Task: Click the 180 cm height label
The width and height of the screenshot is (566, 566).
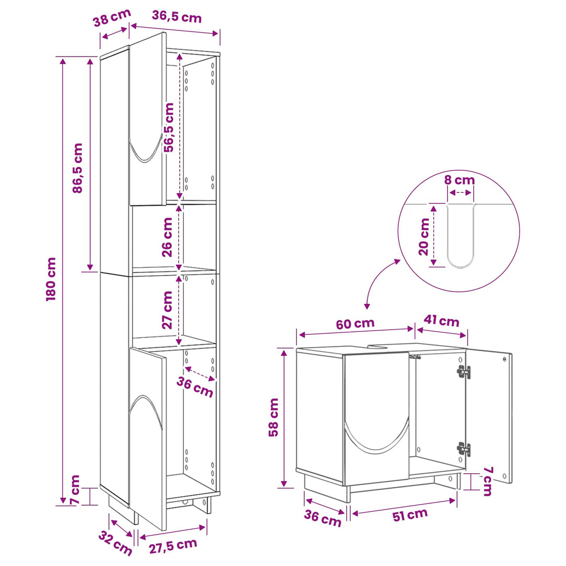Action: (x=51, y=279)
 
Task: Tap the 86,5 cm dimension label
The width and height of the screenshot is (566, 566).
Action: (x=78, y=168)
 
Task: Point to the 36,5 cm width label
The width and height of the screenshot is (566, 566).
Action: (x=177, y=17)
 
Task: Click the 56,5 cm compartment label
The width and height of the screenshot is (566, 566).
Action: (x=169, y=127)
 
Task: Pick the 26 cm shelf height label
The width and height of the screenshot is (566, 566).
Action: (x=167, y=237)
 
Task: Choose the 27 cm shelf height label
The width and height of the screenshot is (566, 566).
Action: (x=167, y=310)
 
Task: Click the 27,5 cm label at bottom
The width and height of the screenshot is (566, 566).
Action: (x=173, y=546)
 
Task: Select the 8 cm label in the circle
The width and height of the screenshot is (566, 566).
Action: (x=459, y=180)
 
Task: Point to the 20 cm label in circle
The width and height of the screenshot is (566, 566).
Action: (x=424, y=237)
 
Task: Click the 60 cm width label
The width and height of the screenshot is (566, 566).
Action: (x=355, y=323)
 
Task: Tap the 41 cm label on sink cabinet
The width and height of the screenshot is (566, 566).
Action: (x=441, y=321)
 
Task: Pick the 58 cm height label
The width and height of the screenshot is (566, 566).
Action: (x=274, y=417)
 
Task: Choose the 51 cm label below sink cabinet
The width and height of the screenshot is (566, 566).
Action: (x=410, y=515)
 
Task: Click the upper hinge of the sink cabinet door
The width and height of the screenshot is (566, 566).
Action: (x=464, y=372)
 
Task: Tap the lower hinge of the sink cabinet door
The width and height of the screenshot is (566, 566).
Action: (x=464, y=449)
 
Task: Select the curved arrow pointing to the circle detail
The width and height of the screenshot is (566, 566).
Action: (x=375, y=278)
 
